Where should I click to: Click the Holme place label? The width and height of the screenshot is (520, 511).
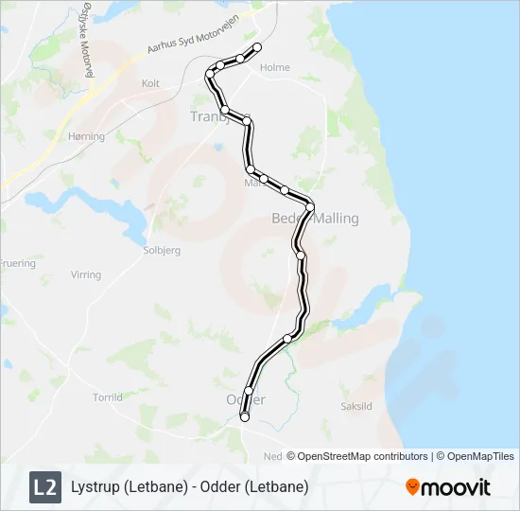274,67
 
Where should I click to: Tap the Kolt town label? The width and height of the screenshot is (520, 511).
150,83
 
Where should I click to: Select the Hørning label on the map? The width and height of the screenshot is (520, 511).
86,136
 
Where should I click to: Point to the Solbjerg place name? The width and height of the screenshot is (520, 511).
160,251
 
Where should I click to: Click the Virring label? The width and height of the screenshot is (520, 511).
85,275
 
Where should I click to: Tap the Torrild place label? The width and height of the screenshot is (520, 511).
107,397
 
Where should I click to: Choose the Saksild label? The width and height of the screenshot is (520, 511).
358,406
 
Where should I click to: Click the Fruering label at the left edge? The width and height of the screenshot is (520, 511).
17,263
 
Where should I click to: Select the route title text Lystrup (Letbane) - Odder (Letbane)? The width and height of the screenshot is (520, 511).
189,487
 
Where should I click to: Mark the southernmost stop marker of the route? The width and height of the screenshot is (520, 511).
245,416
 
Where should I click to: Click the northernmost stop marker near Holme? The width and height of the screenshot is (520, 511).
255,47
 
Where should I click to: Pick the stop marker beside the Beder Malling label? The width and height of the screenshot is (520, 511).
309,207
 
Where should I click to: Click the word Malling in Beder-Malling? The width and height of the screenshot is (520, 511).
337,219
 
